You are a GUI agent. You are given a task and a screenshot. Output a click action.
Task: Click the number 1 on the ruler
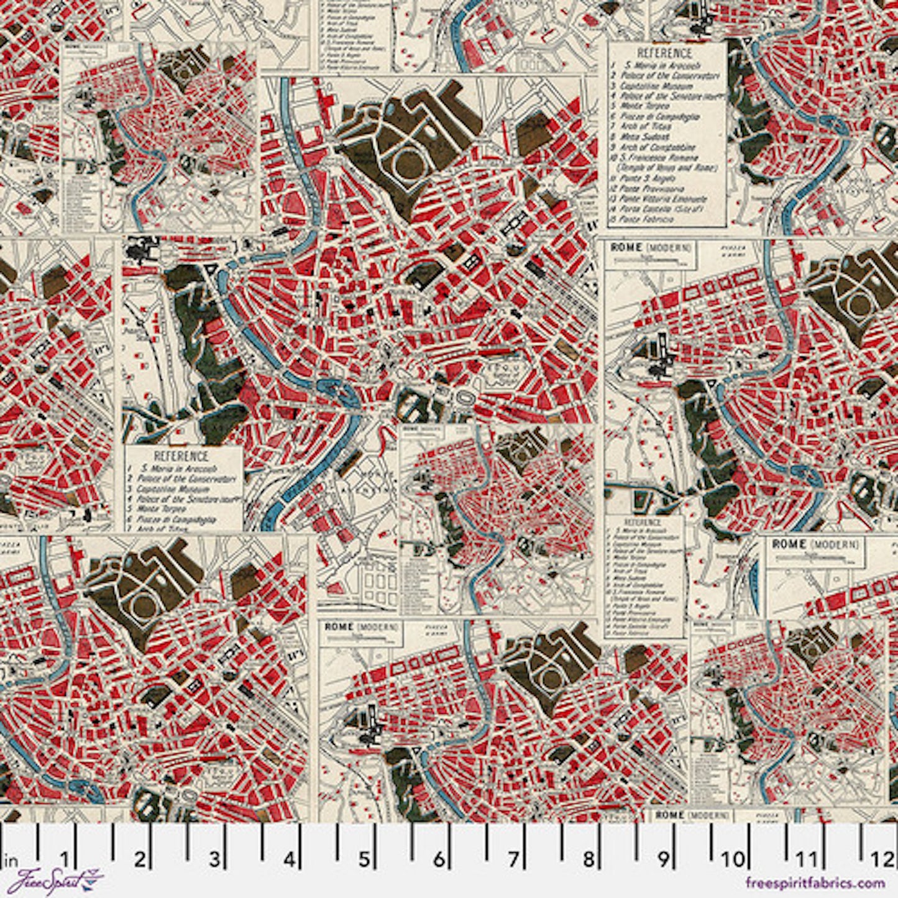(65, 859)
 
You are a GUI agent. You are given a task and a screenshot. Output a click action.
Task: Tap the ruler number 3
(214, 859)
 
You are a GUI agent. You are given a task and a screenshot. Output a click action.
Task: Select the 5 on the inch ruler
(364, 859)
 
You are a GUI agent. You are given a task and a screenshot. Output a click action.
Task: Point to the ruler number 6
(439, 859)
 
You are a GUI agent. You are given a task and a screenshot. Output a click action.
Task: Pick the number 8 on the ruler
(589, 859)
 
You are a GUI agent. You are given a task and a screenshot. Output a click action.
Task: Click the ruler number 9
(664, 859)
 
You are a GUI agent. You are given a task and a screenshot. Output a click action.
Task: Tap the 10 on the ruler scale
(733, 859)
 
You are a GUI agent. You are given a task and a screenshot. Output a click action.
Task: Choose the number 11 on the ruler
(807, 859)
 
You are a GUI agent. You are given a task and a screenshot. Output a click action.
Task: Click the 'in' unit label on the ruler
(11, 861)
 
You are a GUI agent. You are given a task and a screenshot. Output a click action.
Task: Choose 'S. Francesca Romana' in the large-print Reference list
(661, 158)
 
